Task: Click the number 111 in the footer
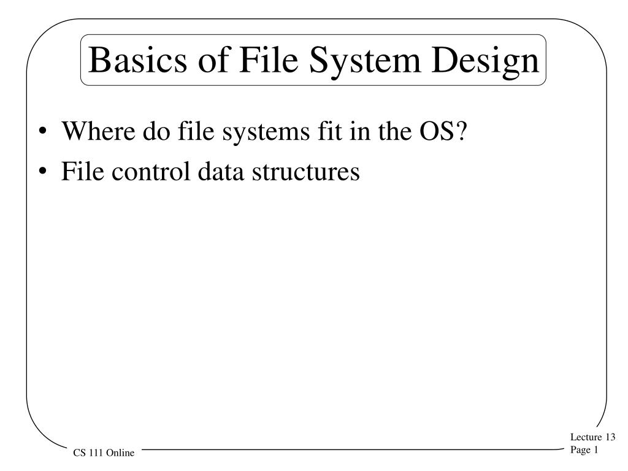coord(96,453)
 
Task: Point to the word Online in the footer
coord(121,453)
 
